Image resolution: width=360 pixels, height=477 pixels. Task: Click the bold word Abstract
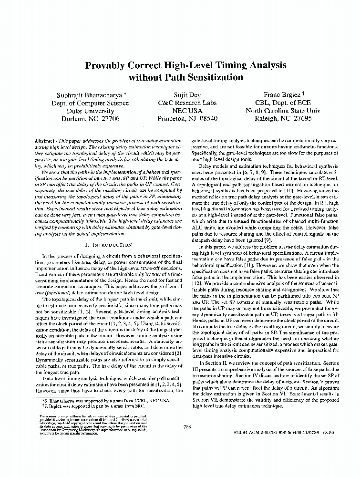click(46, 142)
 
